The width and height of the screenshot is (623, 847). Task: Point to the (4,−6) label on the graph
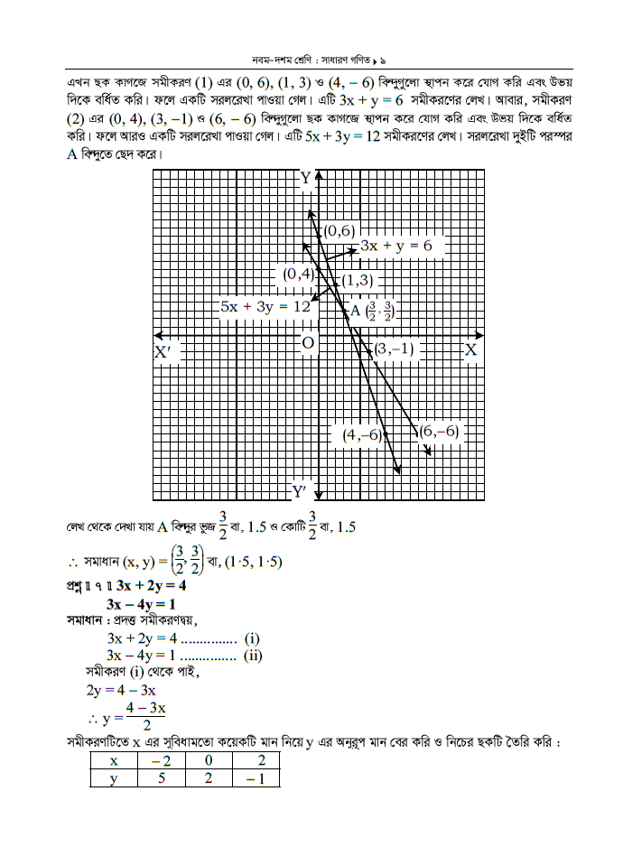pos(361,435)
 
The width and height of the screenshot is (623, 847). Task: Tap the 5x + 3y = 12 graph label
pos(265,307)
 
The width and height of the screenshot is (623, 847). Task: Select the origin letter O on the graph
pos(308,343)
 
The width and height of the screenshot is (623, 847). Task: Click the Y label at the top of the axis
pos(306,177)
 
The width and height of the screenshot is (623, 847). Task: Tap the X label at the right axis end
pos(470,349)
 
